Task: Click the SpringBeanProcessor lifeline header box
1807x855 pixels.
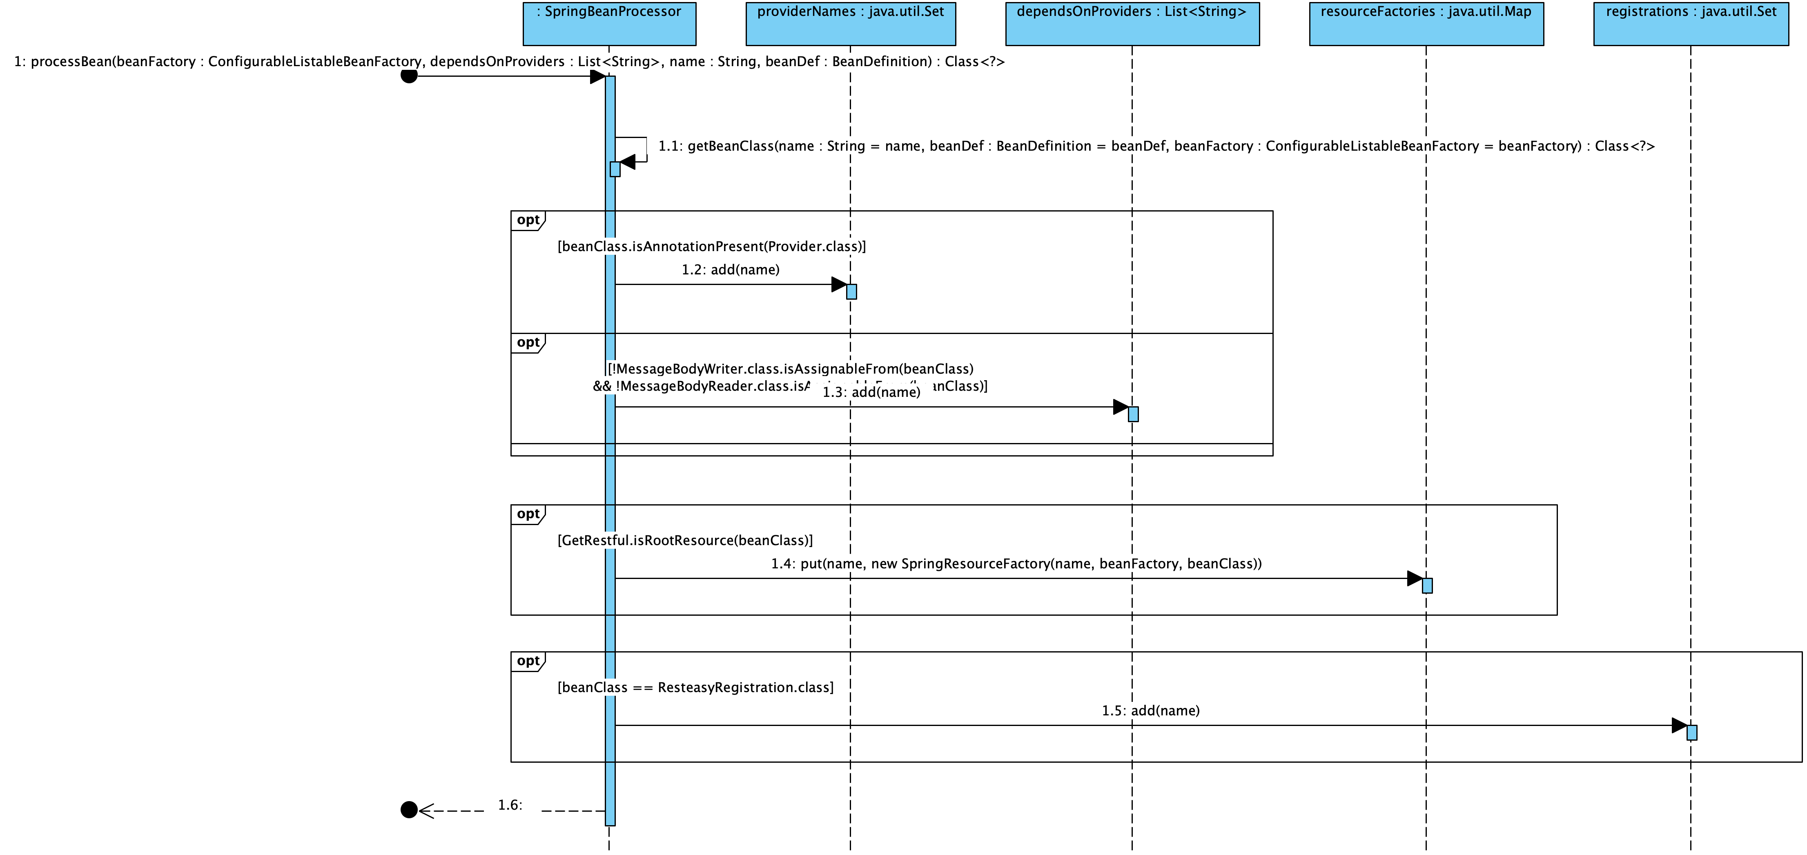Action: (x=609, y=23)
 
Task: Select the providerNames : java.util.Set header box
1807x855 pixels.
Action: (x=850, y=23)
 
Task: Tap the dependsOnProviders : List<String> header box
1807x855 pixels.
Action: (x=1132, y=23)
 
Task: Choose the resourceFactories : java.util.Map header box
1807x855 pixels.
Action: (x=1426, y=23)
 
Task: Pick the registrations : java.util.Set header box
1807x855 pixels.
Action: (x=1691, y=23)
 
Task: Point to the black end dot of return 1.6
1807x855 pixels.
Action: (x=409, y=810)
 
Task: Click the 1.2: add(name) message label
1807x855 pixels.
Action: (x=730, y=270)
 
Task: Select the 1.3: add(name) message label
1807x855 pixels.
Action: (x=871, y=392)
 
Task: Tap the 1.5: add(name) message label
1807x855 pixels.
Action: (x=1150, y=710)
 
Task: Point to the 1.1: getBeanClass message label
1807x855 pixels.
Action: (x=1156, y=146)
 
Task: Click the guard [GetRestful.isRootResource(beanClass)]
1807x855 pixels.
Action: (x=685, y=540)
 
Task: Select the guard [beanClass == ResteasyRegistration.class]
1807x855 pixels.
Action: (x=695, y=687)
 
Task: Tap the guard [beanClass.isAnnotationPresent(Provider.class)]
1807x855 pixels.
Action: (x=711, y=246)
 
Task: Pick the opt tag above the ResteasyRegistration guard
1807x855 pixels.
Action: (x=528, y=661)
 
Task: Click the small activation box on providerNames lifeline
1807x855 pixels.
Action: (x=851, y=292)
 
